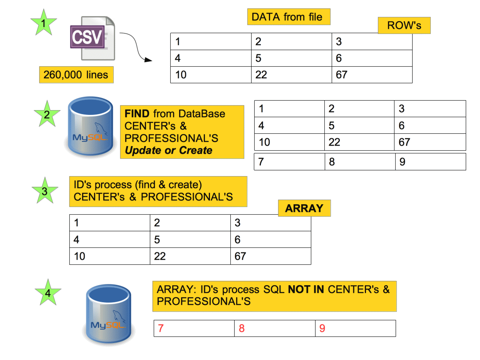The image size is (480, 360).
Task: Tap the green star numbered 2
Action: pyautogui.click(x=47, y=114)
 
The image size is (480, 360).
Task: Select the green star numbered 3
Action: pyautogui.click(x=45, y=191)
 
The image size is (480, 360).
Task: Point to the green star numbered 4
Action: pyautogui.click(x=48, y=293)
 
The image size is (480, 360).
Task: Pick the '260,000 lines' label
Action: pyautogui.click(x=76, y=74)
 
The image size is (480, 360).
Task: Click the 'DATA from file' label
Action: pyautogui.click(x=289, y=17)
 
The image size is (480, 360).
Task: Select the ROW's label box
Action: pyautogui.click(x=404, y=26)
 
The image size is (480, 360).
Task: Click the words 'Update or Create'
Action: pyautogui.click(x=168, y=150)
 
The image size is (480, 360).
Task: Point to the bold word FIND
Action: pyautogui.click(x=137, y=114)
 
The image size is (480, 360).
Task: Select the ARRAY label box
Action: pyautogui.click(x=304, y=209)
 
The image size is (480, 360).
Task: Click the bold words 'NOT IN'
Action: pyautogui.click(x=306, y=289)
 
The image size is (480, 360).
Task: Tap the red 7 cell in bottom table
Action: pyautogui.click(x=194, y=328)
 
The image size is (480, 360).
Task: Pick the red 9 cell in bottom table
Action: pyautogui.click(x=356, y=328)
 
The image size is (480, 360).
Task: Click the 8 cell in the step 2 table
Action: pyautogui.click(x=360, y=162)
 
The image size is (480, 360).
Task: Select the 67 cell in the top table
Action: pyautogui.click(x=372, y=75)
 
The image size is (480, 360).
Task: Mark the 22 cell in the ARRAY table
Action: pyautogui.click(x=190, y=256)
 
